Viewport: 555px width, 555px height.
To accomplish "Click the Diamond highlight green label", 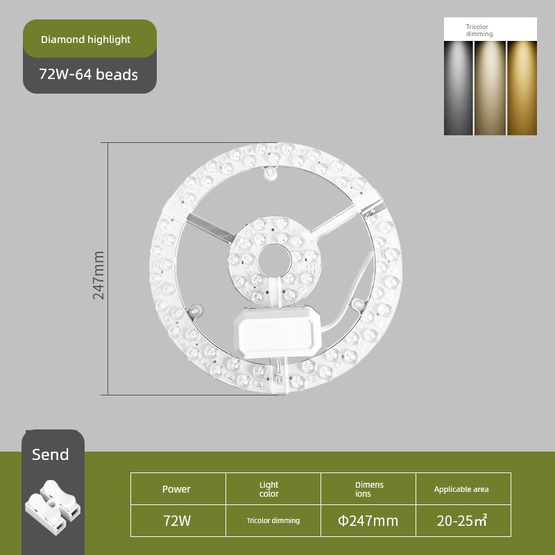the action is (x=89, y=39).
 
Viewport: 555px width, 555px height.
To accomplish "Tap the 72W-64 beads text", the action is (x=89, y=75).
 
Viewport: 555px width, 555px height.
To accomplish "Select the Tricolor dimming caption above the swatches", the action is (x=479, y=31).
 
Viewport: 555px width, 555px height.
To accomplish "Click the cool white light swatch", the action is (x=458, y=88).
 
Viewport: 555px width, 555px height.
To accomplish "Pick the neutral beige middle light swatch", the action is (x=490, y=88).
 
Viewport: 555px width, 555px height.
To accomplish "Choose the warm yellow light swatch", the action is (x=522, y=88).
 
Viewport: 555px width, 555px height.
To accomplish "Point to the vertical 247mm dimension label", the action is (x=99, y=275).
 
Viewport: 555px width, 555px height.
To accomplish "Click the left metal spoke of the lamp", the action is (x=210, y=228).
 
